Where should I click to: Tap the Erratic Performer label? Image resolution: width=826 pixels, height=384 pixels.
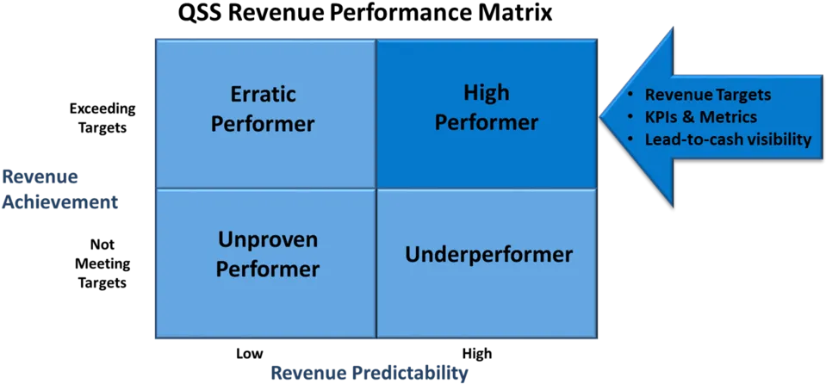[265, 109]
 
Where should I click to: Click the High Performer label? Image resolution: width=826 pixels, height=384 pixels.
[487, 108]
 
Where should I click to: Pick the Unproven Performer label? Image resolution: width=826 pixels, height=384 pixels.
[268, 254]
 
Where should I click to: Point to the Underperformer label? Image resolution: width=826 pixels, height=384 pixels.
[488, 255]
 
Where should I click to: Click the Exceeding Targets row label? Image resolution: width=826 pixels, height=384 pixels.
[102, 119]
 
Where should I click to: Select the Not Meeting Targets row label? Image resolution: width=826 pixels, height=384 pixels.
[102, 263]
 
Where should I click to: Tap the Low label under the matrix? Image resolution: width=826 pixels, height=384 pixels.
[249, 353]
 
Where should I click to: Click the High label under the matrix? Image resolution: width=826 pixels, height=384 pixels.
[477, 353]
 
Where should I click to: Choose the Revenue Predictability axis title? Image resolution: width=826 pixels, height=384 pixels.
[370, 374]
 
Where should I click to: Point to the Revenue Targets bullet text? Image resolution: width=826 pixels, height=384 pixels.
[708, 95]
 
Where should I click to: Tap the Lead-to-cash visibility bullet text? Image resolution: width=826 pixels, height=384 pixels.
[728, 140]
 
